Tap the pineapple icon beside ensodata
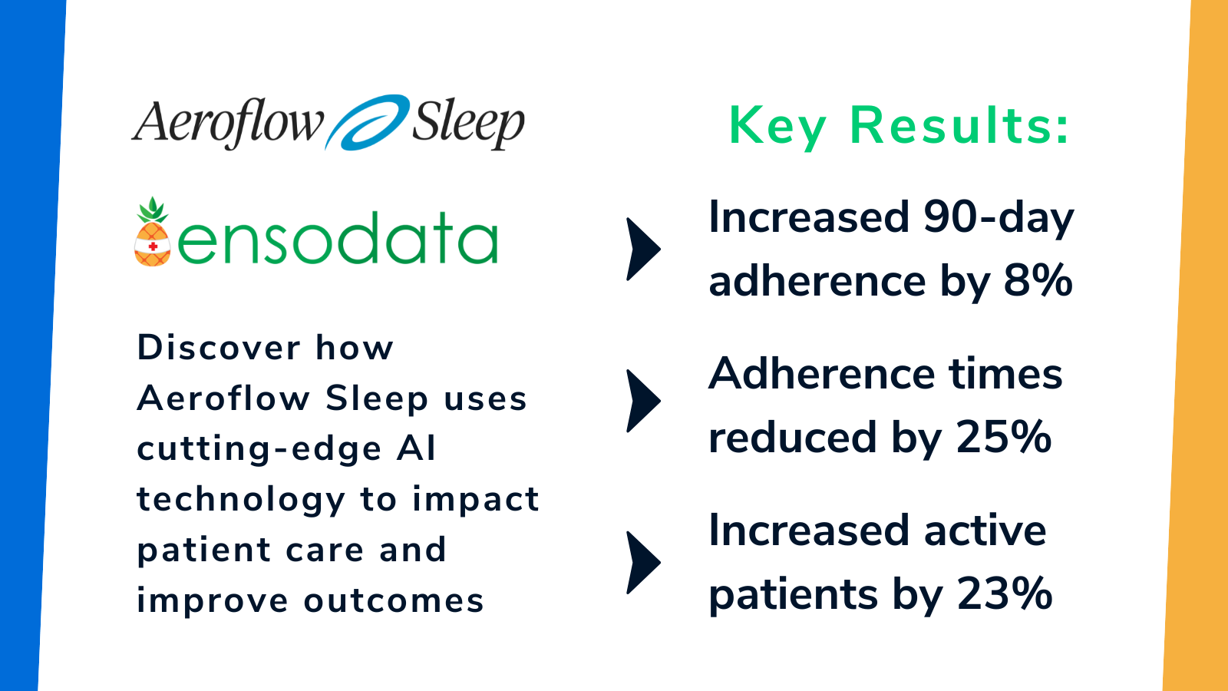153,233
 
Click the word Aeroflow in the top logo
228,123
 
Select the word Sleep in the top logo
467,123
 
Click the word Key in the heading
777,126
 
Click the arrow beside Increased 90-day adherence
643,249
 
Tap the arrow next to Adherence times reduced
643,401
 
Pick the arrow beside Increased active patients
643,562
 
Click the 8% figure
1038,280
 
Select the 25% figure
1003,437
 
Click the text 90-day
998,217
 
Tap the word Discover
218,348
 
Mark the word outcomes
394,601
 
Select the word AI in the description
417,448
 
